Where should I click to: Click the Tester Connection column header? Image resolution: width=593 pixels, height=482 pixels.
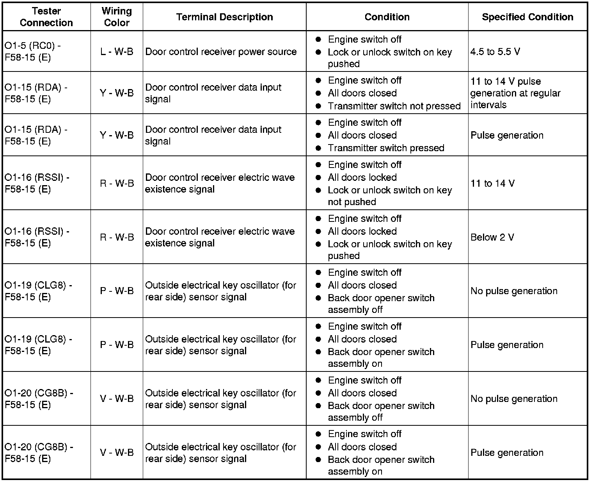(46, 17)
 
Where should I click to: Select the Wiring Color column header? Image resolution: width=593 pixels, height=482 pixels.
(117, 17)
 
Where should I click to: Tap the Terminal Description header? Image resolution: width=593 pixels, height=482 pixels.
(224, 17)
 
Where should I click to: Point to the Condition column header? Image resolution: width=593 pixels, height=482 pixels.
(387, 17)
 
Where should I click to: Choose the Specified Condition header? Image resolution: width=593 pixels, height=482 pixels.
(527, 17)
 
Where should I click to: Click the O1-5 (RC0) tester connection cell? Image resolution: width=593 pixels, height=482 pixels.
(33, 52)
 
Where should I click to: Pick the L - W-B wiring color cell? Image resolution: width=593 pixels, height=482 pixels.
(117, 52)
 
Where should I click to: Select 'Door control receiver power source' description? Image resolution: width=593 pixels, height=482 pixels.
(221, 52)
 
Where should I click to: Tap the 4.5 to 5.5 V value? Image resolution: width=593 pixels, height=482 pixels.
(495, 52)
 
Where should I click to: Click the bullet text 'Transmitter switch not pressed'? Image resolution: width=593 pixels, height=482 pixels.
(394, 106)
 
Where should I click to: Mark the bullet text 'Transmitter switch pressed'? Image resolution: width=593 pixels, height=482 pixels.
(386, 148)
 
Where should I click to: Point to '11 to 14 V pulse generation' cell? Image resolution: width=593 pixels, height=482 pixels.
(515, 93)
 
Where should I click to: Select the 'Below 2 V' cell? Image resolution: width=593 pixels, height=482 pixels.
(492, 237)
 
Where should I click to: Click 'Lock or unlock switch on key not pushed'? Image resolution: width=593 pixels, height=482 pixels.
(389, 196)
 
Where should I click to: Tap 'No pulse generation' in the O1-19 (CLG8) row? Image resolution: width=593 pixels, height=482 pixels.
(514, 291)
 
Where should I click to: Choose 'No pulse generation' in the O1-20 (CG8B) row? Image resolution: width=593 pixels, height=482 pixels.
(514, 399)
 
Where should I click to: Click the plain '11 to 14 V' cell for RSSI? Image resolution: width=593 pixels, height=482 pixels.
(492, 183)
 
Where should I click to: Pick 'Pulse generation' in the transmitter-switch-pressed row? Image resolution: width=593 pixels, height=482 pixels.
(507, 135)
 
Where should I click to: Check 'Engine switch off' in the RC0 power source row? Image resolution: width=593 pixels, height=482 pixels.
(364, 39)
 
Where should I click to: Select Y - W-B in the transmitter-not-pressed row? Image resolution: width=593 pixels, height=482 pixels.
(117, 93)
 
